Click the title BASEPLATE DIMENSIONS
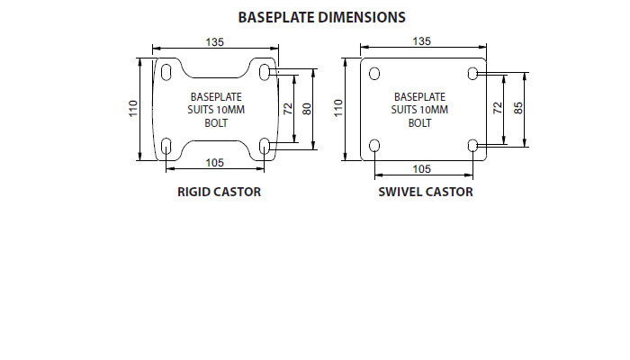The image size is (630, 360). point(321,17)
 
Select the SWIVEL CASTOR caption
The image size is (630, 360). point(426,192)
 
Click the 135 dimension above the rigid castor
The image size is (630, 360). point(214,41)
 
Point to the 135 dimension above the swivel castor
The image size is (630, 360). point(420,41)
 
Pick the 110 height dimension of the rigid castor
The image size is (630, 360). point(132,109)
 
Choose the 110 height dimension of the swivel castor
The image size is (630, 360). point(338,109)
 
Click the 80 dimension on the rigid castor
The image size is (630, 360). point(306,108)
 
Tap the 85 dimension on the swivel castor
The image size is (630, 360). point(518,108)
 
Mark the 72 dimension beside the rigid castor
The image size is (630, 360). point(288,108)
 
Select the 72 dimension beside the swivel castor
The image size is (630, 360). point(496,108)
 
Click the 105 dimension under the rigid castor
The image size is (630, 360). point(214,162)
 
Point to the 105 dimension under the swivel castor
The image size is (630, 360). point(421,168)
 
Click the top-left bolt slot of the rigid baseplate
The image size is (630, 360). point(166,69)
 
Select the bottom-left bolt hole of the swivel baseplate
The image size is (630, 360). point(374,145)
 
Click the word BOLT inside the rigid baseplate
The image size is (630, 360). point(216,123)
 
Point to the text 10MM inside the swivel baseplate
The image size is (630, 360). point(435,110)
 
